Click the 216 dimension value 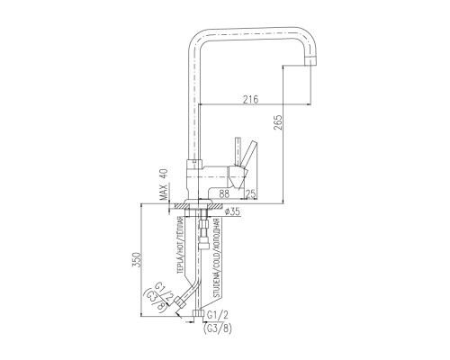coord(251,99)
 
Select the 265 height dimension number coord(278,122)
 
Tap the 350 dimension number coord(136,261)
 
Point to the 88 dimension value coord(224,193)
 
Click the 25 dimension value coord(251,193)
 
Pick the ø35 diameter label coord(232,211)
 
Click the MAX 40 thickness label coord(164,184)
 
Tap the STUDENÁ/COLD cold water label coord(217,258)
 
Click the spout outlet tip coord(310,61)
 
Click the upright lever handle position coord(238,151)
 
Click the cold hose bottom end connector coord(197,313)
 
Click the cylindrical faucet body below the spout coord(195,179)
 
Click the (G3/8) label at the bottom coord(218,328)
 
